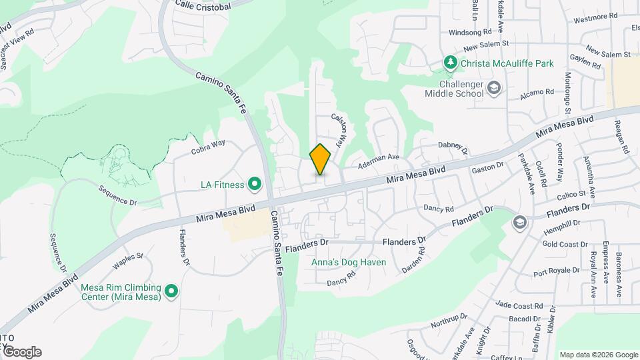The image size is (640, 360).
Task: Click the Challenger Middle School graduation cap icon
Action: pyautogui.click(x=494, y=87)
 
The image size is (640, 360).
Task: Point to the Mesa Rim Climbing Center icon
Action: pyautogui.click(x=171, y=291)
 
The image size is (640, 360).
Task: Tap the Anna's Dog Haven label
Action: pyautogui.click(x=350, y=262)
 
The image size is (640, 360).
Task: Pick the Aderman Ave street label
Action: pyautogui.click(x=378, y=160)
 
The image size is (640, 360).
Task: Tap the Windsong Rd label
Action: pyautogui.click(x=469, y=31)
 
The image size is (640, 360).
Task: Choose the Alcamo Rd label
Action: pyautogui.click(x=540, y=93)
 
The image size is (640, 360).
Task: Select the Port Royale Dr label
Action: pyautogui.click(x=557, y=273)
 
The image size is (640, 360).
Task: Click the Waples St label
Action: pyautogui.click(x=128, y=260)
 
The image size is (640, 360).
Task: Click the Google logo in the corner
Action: pyautogui.click(x=21, y=352)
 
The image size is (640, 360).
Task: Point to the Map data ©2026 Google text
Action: pyautogui.click(x=599, y=355)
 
